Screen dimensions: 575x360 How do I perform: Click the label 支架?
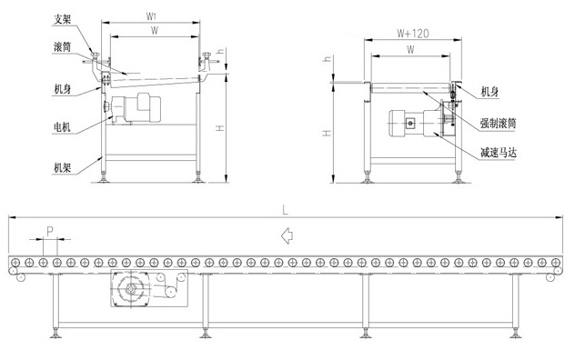click(62, 19)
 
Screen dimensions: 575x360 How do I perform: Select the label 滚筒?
click(62, 47)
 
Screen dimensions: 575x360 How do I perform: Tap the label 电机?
click(62, 127)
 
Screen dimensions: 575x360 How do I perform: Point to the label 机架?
click(62, 168)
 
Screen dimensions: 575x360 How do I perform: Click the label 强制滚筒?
click(498, 123)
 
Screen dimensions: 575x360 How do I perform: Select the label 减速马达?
click(499, 152)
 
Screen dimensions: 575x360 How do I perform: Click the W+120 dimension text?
click(413, 34)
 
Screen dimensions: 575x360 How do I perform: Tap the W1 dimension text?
click(151, 16)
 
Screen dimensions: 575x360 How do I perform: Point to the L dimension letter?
click(286, 210)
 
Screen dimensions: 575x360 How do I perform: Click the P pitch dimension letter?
click(50, 231)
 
